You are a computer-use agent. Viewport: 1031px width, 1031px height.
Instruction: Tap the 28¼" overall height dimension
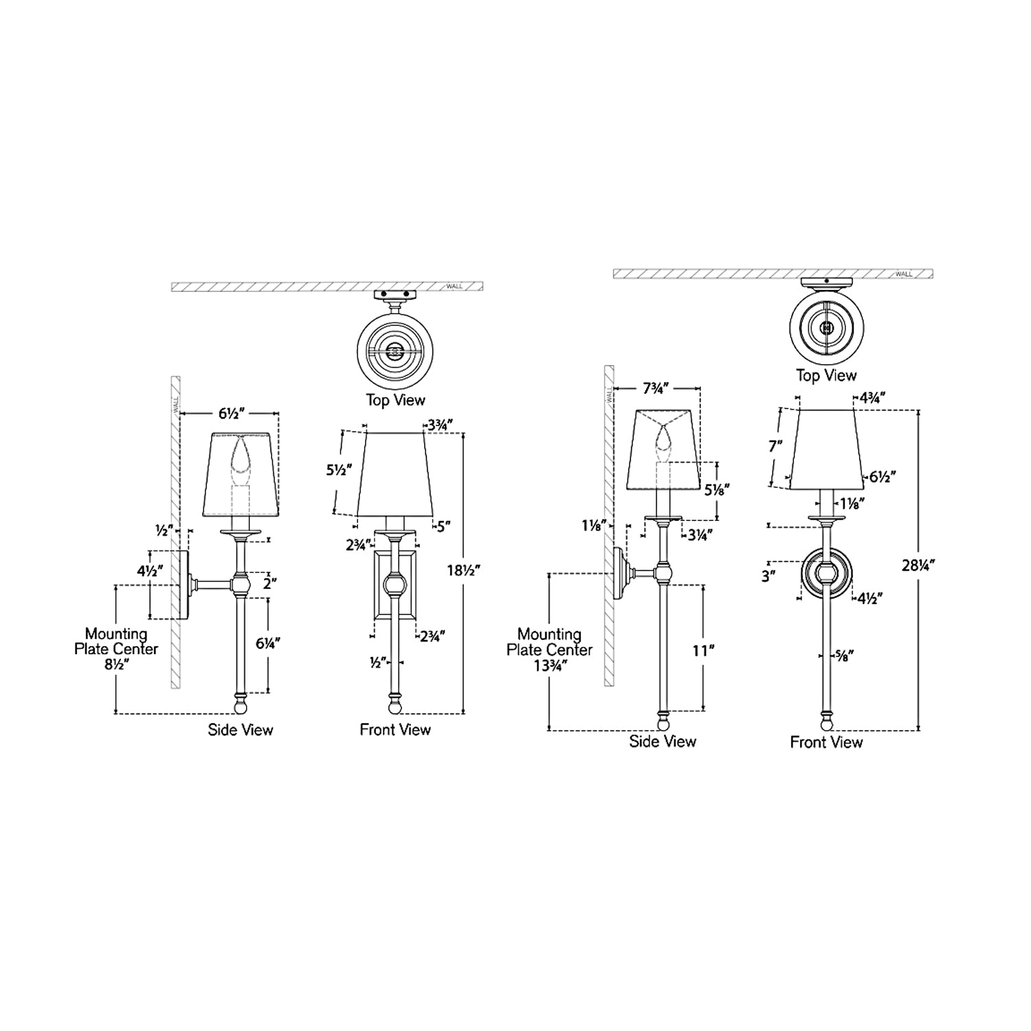click(x=918, y=565)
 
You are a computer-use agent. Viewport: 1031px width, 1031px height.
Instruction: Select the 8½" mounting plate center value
click(x=115, y=665)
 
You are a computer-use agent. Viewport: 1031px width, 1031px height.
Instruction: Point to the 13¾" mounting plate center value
click(x=549, y=665)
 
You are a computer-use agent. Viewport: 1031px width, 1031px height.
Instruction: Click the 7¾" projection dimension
click(x=657, y=389)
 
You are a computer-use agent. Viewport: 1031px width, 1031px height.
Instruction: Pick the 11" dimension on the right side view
click(x=700, y=650)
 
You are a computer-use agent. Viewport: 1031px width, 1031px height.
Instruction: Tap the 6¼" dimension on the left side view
click(x=267, y=643)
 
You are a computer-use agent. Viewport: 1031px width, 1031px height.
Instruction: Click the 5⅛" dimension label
click(x=717, y=489)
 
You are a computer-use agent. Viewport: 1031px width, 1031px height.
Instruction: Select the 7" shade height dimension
click(x=776, y=446)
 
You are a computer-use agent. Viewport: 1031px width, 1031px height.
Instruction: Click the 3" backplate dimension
click(x=768, y=576)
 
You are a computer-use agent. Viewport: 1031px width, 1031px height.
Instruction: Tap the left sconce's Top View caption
click(x=395, y=401)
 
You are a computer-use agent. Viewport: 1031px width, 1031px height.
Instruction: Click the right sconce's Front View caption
click(x=826, y=742)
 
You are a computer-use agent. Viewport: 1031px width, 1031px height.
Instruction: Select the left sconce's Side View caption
click(x=241, y=730)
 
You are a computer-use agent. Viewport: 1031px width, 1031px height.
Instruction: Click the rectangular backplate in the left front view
click(x=395, y=584)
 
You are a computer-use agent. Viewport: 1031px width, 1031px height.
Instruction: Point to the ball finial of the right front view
click(x=826, y=722)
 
